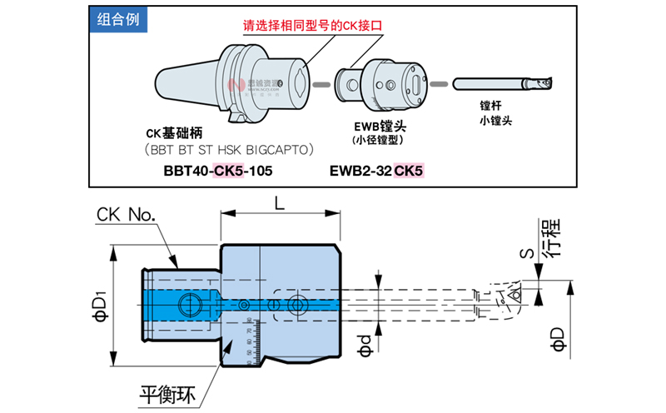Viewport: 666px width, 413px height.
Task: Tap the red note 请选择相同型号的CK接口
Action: (x=316, y=26)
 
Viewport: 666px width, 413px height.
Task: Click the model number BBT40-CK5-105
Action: (x=218, y=171)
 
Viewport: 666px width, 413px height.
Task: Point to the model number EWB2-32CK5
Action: (x=376, y=171)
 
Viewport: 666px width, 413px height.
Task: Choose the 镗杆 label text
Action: (x=495, y=106)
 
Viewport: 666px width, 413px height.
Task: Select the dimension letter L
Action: (x=279, y=202)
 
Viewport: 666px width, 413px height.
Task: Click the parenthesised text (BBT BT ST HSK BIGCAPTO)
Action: (x=229, y=150)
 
